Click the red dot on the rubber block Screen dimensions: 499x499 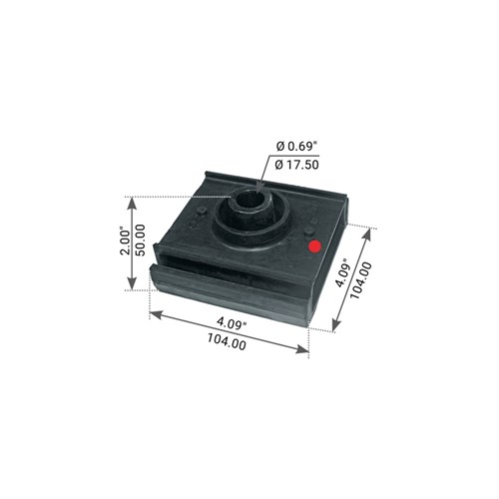314,247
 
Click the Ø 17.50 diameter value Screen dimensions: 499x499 297,165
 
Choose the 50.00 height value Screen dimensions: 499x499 140,240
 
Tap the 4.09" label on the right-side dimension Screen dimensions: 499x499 343,272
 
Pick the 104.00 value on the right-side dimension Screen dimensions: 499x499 360,280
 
